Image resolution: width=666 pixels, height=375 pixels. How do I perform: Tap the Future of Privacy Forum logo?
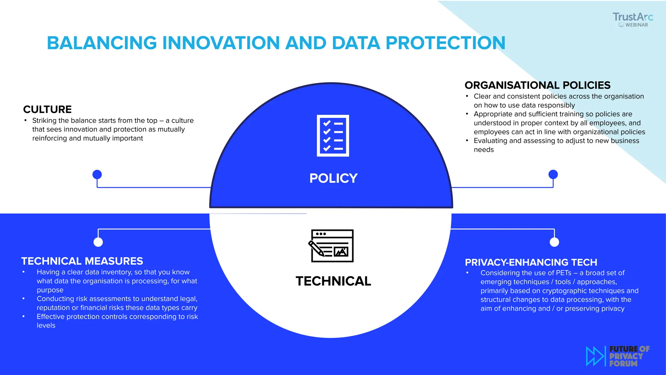618,356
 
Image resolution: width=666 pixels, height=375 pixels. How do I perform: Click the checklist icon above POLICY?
333,135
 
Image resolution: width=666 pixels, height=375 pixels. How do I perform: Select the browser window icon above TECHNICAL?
331,246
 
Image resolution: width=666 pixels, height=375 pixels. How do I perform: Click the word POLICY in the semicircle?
333,178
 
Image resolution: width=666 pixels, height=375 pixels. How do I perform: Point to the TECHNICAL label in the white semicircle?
333,281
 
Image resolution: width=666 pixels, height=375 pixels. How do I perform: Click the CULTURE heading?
47,109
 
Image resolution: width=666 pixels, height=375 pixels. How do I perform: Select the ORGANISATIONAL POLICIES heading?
537,85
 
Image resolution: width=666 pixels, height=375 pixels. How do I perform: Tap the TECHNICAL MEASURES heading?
82,261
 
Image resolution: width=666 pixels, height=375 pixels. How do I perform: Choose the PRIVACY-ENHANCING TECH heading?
531,262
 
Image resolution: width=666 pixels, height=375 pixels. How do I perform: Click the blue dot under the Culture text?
97,174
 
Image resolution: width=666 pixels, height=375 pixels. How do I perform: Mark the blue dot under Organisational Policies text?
553,174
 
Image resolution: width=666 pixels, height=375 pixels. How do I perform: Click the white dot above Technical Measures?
98,242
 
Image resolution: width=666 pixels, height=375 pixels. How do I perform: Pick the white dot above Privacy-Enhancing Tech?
554,242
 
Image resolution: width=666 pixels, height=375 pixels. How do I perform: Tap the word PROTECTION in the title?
445,43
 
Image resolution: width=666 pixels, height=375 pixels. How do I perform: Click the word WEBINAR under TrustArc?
636,25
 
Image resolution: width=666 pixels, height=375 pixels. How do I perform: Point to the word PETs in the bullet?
564,273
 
